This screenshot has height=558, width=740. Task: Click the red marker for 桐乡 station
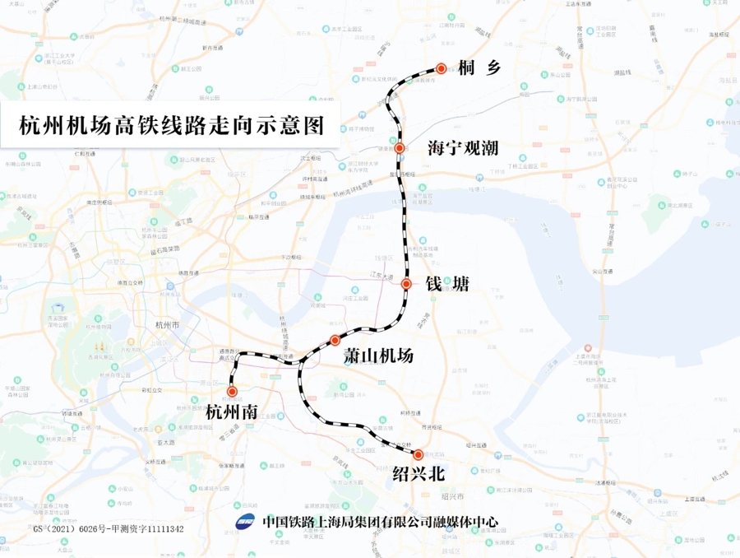442,69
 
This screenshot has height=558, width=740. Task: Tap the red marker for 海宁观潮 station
400,148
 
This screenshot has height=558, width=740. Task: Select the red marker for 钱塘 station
406,284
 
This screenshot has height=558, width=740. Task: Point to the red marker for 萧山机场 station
335,340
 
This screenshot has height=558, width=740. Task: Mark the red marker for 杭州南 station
232,392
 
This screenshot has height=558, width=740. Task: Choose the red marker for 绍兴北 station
418,454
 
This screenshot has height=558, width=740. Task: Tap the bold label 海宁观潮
464,148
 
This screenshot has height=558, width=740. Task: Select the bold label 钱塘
447,284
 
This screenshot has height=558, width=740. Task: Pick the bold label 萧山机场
377,356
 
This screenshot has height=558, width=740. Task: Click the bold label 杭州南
232,412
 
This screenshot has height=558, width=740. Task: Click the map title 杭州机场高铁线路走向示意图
171,126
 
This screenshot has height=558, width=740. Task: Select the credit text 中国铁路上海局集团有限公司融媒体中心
379,522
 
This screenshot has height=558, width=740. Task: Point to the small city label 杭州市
166,325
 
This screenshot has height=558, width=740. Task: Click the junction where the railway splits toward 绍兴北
301,361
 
